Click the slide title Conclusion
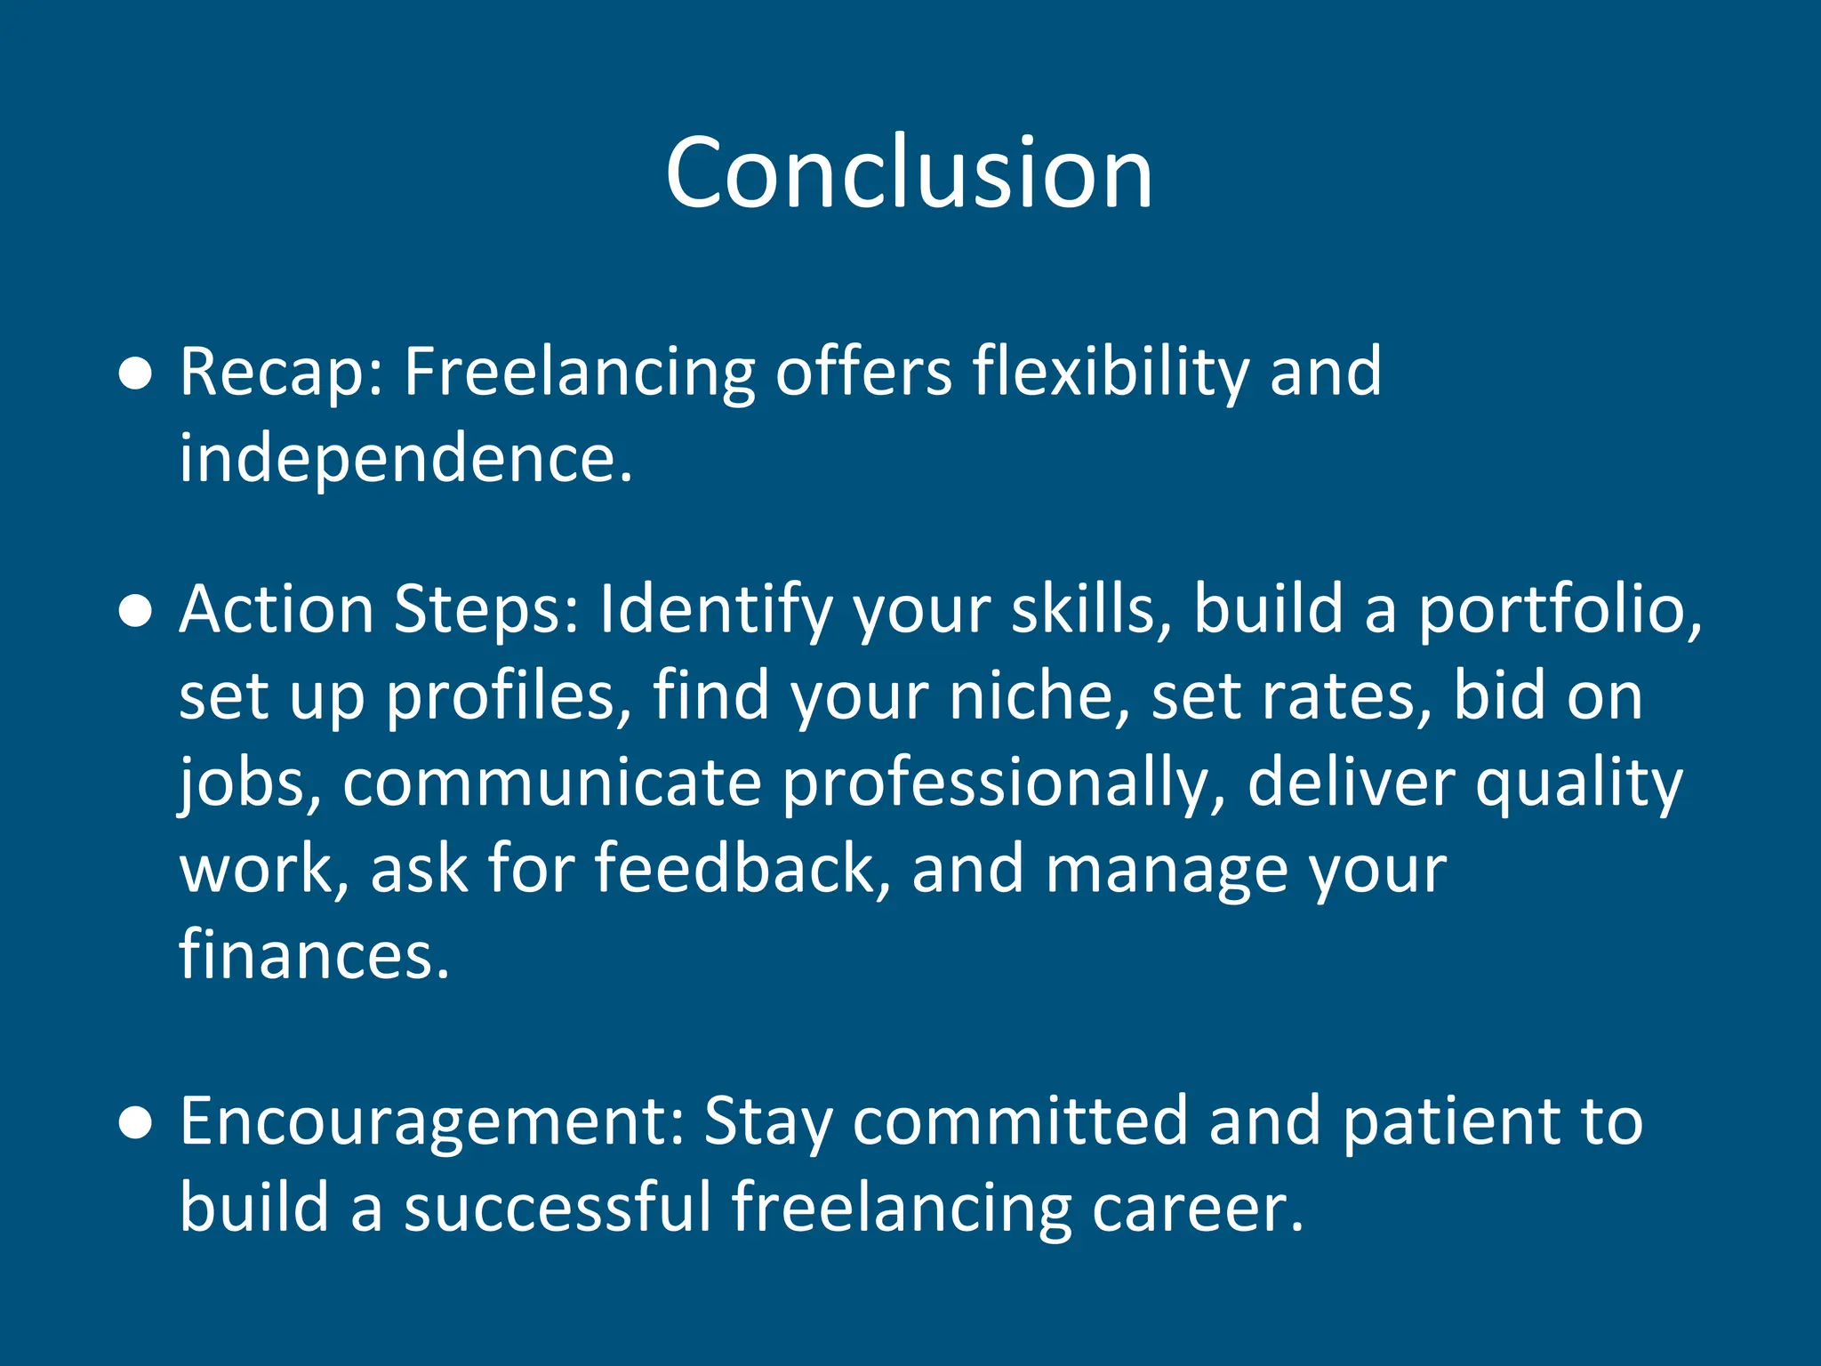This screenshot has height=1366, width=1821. click(x=909, y=173)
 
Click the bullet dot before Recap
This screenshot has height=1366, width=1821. click(x=135, y=374)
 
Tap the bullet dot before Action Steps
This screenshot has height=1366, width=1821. click(x=135, y=612)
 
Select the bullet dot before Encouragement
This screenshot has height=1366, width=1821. click(x=135, y=1123)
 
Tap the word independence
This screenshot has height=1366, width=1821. click(x=405, y=459)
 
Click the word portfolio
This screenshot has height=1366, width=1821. click(x=1559, y=612)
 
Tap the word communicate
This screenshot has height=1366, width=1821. click(x=551, y=783)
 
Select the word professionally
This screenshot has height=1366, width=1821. click(x=1005, y=783)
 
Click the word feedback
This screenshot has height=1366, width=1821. click(x=742, y=869)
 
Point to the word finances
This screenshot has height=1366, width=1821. click(x=314, y=954)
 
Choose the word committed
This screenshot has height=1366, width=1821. click(x=1020, y=1122)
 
